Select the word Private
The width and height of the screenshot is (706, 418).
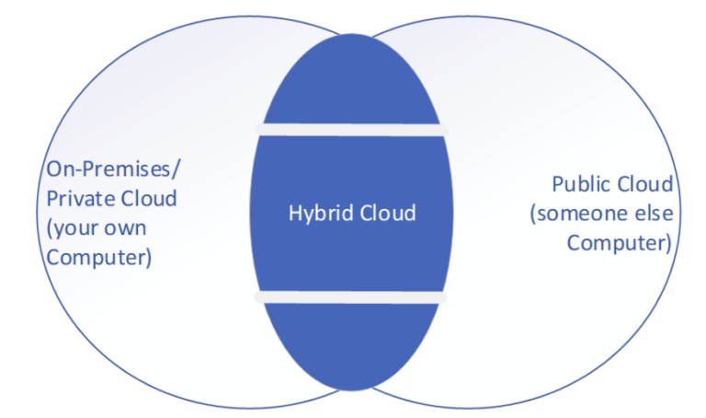[76, 198]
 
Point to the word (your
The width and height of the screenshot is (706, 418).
[71, 227]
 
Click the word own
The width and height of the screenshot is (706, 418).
[123, 227]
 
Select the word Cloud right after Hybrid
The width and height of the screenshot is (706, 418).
[388, 213]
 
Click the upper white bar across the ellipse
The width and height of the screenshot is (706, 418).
[351, 129]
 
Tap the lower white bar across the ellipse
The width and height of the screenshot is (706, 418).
[351, 298]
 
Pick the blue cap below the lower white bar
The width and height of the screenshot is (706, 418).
[351, 345]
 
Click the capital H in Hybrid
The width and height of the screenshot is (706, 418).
[293, 213]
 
